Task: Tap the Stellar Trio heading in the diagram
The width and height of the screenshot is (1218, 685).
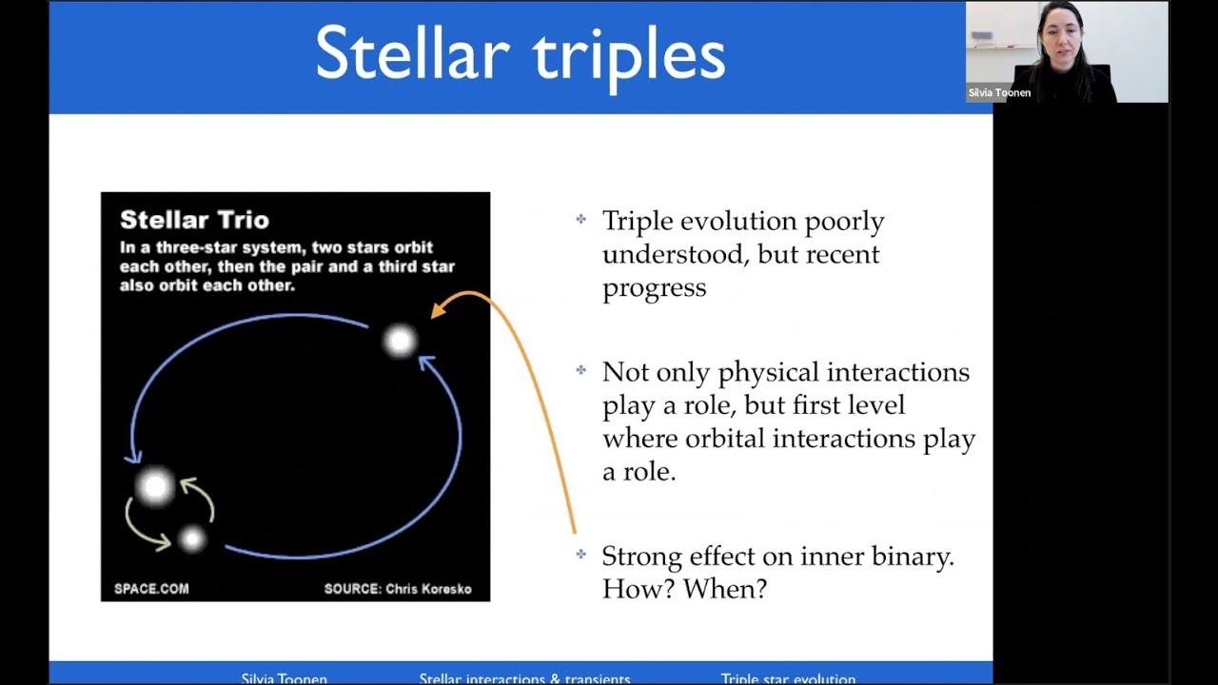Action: (194, 220)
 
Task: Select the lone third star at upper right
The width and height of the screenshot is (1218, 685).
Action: (400, 340)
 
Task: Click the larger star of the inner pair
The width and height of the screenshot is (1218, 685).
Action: (155, 486)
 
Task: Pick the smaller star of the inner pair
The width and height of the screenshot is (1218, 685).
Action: (192, 539)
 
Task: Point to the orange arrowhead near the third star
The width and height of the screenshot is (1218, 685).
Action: (438, 309)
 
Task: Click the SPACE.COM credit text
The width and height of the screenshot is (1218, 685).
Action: (151, 589)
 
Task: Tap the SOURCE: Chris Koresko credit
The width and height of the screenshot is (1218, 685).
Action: (398, 589)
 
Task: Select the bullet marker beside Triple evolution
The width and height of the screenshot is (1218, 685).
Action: (580, 220)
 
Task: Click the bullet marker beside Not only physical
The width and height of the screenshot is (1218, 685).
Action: (580, 370)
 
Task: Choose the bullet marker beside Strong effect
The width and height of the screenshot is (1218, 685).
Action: (580, 555)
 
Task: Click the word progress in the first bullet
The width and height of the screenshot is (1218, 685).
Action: (654, 288)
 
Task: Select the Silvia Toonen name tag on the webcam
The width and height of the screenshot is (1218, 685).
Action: (999, 93)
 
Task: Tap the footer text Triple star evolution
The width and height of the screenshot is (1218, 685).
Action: (788, 678)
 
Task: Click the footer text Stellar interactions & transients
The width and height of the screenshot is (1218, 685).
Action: (524, 678)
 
